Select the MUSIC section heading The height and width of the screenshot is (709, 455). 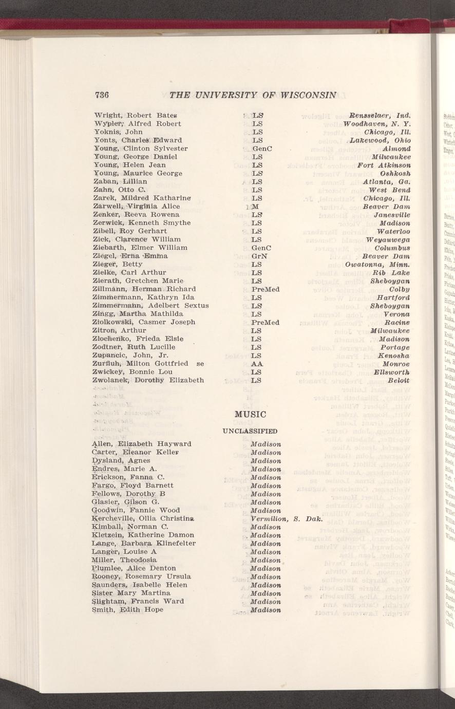(249, 414)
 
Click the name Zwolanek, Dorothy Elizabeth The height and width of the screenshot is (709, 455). (149, 380)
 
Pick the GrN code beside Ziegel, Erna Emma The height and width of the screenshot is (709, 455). (261, 256)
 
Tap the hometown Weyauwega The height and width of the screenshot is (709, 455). (388, 239)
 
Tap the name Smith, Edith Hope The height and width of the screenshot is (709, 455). (127, 609)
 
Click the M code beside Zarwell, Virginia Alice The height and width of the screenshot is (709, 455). (255, 206)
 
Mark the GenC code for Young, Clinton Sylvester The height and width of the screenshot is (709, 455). (262, 148)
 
